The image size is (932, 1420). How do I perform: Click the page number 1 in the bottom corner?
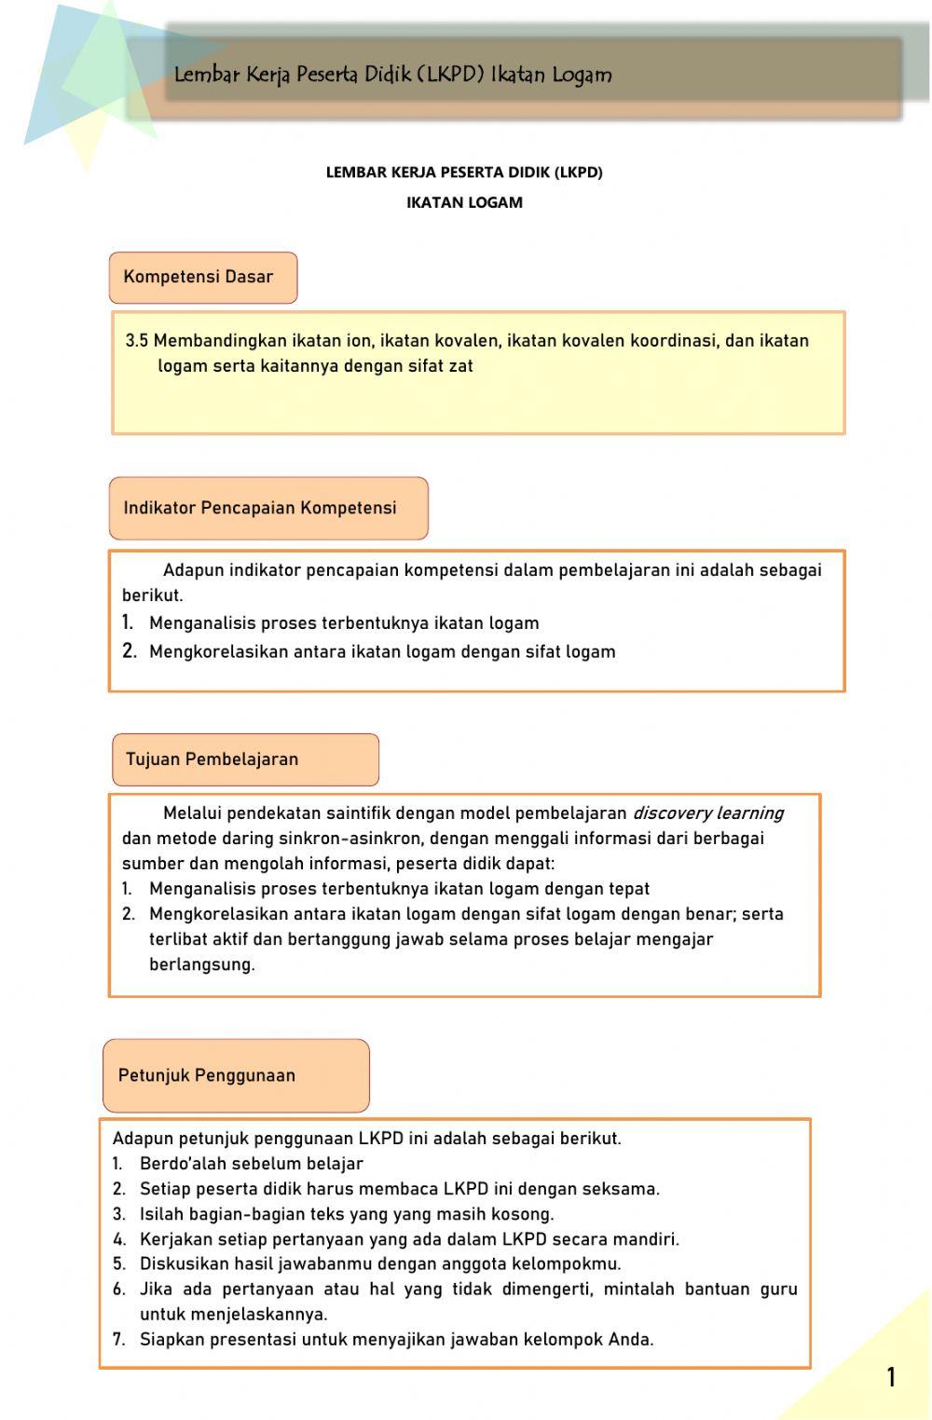point(891,1377)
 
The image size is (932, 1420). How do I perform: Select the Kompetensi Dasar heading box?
point(203,278)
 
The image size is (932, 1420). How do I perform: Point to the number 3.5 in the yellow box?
point(137,341)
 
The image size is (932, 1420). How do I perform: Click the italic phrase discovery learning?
point(707,813)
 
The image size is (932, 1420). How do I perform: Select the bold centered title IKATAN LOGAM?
point(464,202)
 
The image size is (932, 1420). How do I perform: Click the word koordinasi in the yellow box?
point(673,341)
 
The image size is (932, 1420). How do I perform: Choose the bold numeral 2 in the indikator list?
point(129,651)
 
